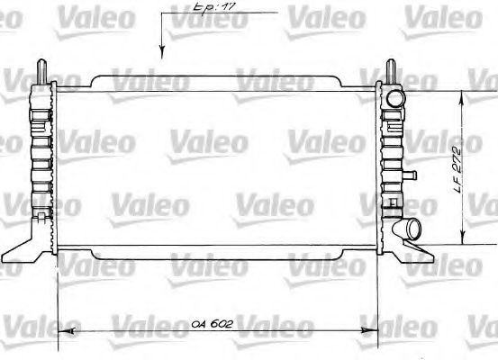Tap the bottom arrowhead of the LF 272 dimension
coord(463,241)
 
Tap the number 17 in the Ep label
coord(216,9)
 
